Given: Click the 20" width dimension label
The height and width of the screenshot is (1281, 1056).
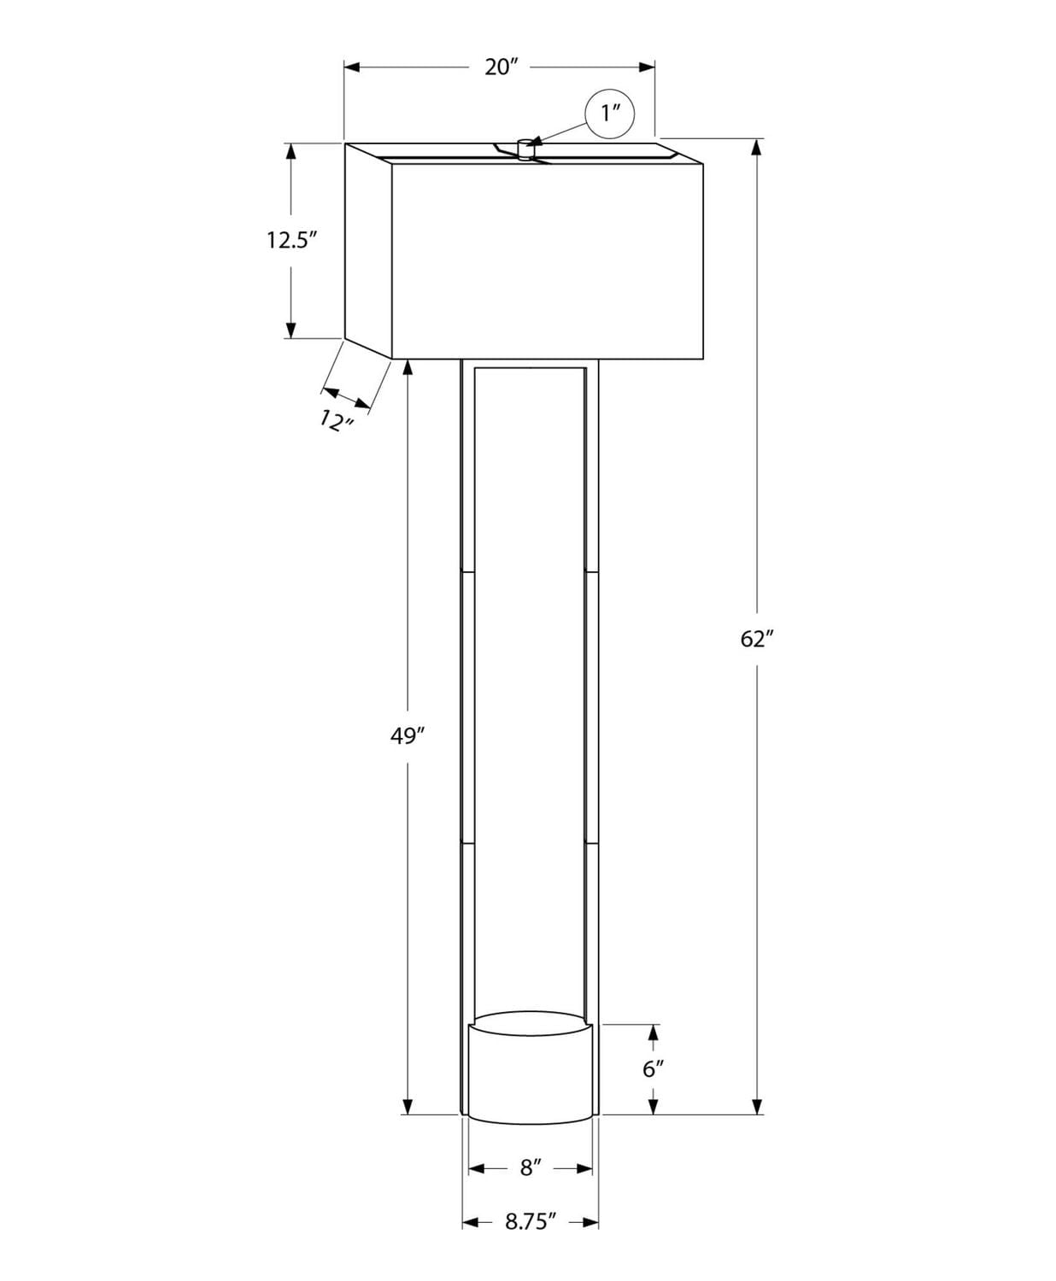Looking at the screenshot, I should coord(502,67).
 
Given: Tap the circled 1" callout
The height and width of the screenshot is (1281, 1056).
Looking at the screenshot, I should coord(609,114).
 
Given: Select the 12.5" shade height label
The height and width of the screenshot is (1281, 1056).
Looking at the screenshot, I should coord(291,240).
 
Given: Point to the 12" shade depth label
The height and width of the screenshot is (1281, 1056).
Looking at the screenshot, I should coord(337,419).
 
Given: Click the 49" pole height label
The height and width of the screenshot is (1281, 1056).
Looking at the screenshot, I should coord(408,736).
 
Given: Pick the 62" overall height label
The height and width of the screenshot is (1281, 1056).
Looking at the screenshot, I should coord(756,639).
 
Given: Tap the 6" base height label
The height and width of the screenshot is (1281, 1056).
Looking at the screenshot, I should coord(654,1068).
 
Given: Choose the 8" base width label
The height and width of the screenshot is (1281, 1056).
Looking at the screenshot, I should coord(531,1167).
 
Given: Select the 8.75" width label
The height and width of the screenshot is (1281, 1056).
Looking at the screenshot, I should coord(531,1222).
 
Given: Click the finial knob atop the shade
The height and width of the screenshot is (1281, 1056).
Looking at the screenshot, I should coord(525,149).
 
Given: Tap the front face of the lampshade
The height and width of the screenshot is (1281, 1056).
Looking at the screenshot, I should coord(547,260).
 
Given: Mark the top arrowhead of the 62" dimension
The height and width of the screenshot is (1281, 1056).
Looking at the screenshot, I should coord(756,147).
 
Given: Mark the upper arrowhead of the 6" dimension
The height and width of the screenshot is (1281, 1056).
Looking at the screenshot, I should coord(654,1032).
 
